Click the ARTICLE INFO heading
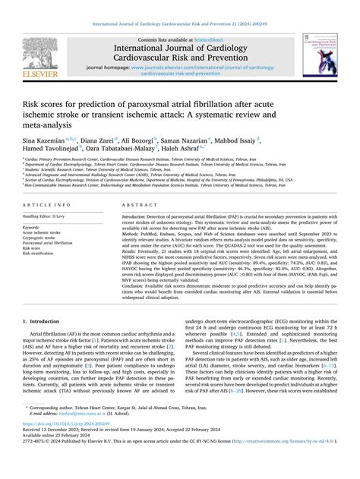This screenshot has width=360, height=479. point(48,206)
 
